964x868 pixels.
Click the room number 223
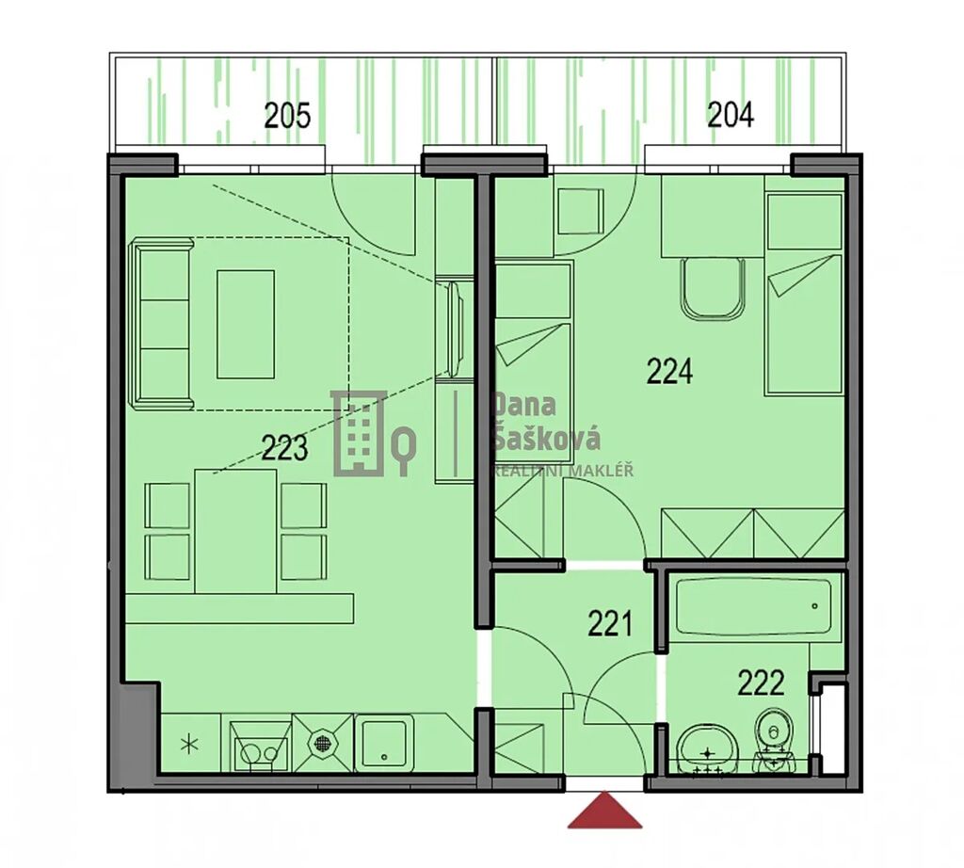(x=284, y=447)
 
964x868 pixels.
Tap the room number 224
(x=669, y=371)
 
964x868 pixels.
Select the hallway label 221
(x=610, y=623)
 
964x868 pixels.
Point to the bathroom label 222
(x=761, y=683)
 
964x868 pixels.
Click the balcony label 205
(x=287, y=115)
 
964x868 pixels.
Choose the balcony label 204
(x=731, y=114)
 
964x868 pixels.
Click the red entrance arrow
(x=604, y=810)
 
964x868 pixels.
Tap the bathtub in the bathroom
(x=753, y=606)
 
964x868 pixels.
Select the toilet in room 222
(x=775, y=740)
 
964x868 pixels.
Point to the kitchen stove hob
(x=322, y=743)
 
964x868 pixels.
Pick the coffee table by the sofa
(x=246, y=324)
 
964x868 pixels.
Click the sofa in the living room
(x=162, y=325)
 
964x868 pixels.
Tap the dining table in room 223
(x=235, y=531)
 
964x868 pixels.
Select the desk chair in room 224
(x=714, y=288)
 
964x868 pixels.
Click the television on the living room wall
(x=455, y=329)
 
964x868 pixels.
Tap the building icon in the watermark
(x=359, y=433)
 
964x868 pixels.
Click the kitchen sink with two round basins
(x=259, y=747)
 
